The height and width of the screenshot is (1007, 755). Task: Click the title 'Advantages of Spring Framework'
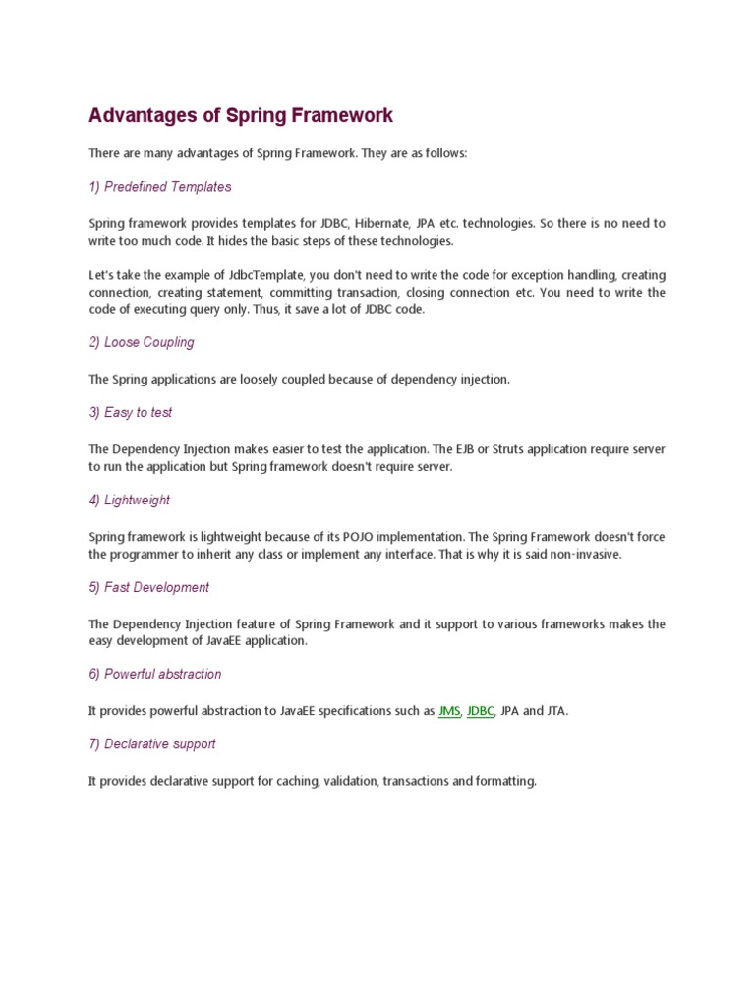click(241, 116)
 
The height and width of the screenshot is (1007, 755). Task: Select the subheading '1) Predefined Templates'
click(160, 187)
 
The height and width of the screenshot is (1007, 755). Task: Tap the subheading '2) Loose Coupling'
click(142, 342)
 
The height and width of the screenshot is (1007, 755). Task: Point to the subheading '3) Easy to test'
click(131, 413)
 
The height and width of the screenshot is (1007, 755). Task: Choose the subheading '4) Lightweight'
click(129, 500)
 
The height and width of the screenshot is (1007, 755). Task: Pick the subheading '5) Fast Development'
click(148, 587)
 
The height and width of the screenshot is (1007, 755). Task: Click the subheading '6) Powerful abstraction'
click(154, 674)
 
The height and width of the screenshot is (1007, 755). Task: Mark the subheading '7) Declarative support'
click(152, 744)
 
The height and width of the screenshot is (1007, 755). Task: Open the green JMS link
click(448, 711)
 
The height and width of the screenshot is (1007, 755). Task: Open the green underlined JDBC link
click(480, 711)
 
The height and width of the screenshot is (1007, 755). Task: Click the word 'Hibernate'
click(385, 223)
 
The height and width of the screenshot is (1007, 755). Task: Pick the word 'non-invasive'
click(586, 555)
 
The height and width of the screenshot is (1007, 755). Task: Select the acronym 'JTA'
click(554, 711)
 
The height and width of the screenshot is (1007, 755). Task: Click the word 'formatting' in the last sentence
click(505, 782)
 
